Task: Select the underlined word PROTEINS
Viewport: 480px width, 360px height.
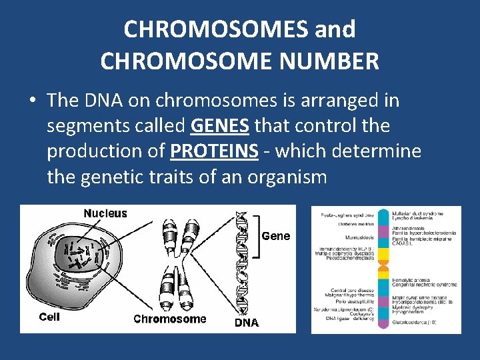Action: (214, 151)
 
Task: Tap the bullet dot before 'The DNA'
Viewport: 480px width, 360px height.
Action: (32, 101)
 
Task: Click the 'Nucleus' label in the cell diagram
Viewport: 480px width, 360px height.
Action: (105, 213)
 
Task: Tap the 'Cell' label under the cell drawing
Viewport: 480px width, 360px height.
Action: (49, 317)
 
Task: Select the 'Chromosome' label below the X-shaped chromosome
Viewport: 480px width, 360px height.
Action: (170, 319)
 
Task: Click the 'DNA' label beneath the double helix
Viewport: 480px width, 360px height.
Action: (247, 323)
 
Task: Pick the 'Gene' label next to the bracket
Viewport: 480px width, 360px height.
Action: (276, 236)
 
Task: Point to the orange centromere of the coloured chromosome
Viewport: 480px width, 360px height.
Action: (383, 272)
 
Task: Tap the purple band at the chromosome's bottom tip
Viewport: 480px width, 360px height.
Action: (383, 324)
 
